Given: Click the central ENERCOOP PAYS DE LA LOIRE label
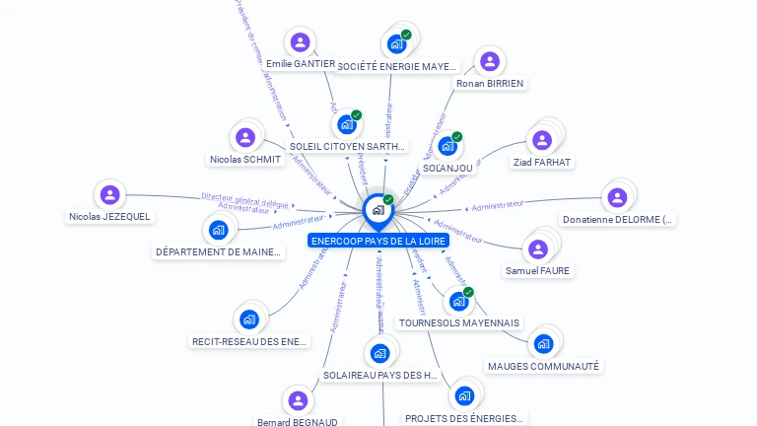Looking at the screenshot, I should (378, 241).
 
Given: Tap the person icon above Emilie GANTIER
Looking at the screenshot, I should (300, 42).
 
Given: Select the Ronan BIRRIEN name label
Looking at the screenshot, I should (489, 83).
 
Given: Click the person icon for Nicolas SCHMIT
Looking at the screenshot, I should (245, 137).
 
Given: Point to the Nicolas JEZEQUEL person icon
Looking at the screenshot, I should (109, 194).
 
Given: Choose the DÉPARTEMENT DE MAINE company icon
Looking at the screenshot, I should (218, 230).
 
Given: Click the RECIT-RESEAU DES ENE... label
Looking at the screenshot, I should (249, 342).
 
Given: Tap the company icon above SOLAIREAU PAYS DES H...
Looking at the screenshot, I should (380, 353).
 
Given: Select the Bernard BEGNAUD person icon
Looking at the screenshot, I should (297, 400).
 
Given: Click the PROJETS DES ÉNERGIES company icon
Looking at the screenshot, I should (463, 396).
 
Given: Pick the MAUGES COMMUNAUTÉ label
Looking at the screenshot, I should (543, 366).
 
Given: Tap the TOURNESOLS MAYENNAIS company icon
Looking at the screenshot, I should (457, 301).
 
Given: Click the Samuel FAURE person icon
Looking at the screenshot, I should (537, 248).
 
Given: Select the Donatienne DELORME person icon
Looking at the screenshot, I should (616, 196).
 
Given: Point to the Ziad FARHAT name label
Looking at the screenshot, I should (542, 162).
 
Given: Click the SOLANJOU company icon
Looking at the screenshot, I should (447, 146).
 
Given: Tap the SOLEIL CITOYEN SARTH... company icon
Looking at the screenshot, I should (346, 124).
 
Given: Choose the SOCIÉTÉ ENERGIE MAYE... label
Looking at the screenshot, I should (397, 66).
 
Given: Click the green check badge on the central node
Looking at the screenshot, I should (388, 200).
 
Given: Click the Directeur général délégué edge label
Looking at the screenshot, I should (244, 198).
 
